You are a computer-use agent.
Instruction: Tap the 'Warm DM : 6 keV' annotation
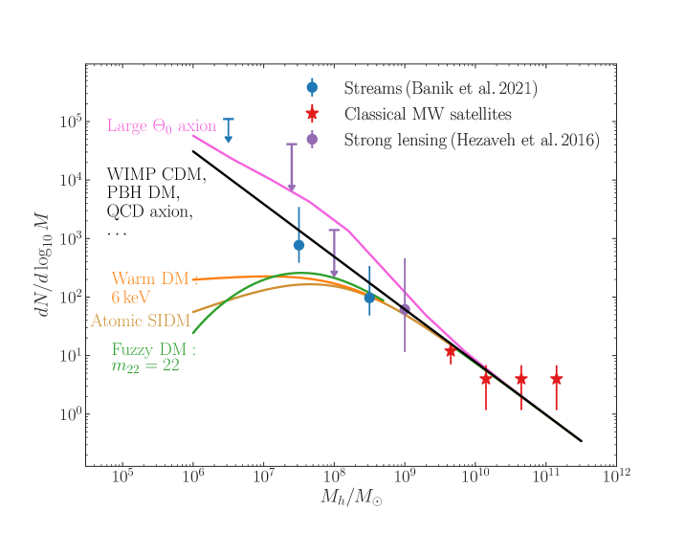[154, 287]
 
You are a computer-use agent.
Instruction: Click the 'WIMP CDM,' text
[156, 176]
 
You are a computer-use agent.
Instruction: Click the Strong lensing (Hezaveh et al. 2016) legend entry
[458, 140]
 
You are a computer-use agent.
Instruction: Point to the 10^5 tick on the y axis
[69, 122]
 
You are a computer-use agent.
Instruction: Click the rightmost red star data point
[556, 379]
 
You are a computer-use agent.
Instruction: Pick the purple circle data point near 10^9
[405, 309]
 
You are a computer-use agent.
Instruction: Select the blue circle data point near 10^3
[298, 245]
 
